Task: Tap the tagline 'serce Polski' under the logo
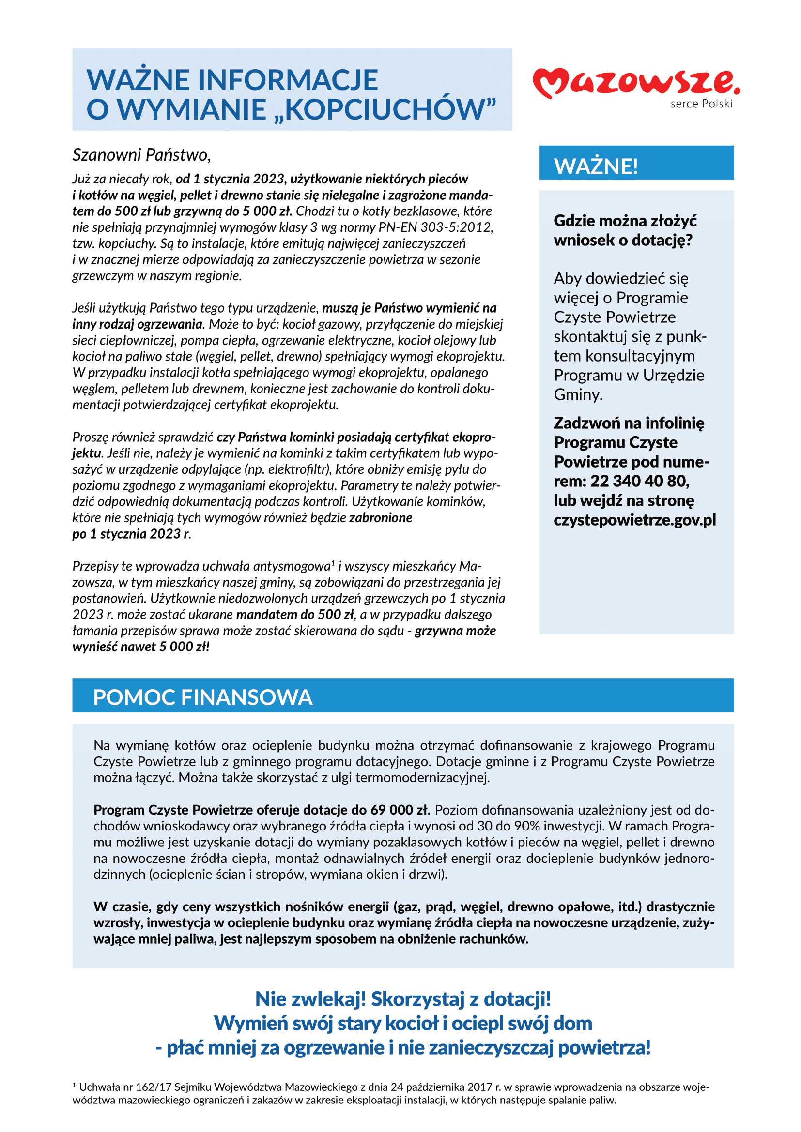click(x=701, y=104)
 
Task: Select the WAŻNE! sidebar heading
click(x=596, y=166)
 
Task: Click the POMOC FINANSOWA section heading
click(x=203, y=697)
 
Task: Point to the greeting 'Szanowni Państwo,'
click(x=141, y=155)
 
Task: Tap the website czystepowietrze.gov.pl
click(x=634, y=520)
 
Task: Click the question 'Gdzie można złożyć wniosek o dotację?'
click(x=624, y=230)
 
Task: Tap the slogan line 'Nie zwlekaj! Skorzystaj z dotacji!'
click(x=402, y=999)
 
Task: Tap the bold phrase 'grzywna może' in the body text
click(x=455, y=631)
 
